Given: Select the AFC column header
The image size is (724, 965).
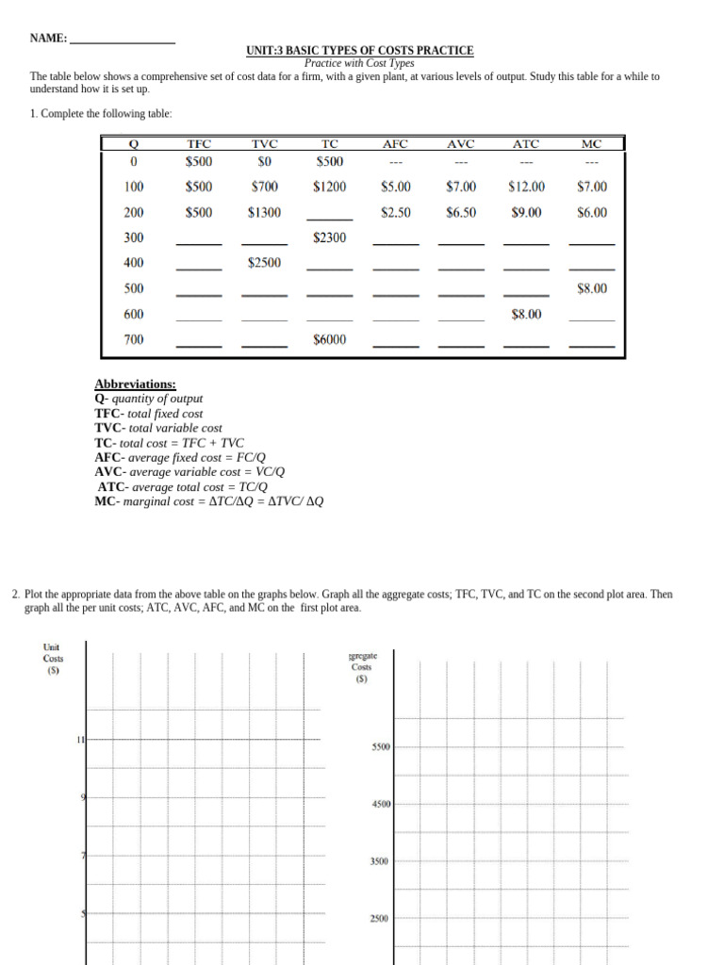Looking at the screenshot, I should point(396,144).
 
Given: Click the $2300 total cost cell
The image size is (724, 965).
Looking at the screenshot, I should point(330,238).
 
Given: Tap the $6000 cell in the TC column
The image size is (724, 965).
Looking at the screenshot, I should point(330,340).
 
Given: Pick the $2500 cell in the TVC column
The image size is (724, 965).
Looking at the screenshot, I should point(265,264).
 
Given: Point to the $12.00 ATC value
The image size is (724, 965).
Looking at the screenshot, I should point(526,188).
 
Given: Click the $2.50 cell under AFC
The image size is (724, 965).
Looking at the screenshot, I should point(396,213).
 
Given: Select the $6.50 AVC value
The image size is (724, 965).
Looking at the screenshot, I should point(461,213).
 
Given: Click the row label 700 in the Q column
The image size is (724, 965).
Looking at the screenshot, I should point(134,340).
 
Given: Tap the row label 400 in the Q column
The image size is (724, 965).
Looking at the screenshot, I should point(134,264).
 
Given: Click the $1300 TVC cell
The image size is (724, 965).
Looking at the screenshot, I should point(265,213).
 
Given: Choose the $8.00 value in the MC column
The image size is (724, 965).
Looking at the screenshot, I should point(592,289).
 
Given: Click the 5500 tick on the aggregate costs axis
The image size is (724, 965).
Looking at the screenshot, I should point(381,747).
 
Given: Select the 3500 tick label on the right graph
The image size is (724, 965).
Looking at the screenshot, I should point(381,862).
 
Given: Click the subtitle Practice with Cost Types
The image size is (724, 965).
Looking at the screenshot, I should point(359,63).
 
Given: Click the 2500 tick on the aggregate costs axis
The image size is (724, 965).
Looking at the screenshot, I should point(381,920).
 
